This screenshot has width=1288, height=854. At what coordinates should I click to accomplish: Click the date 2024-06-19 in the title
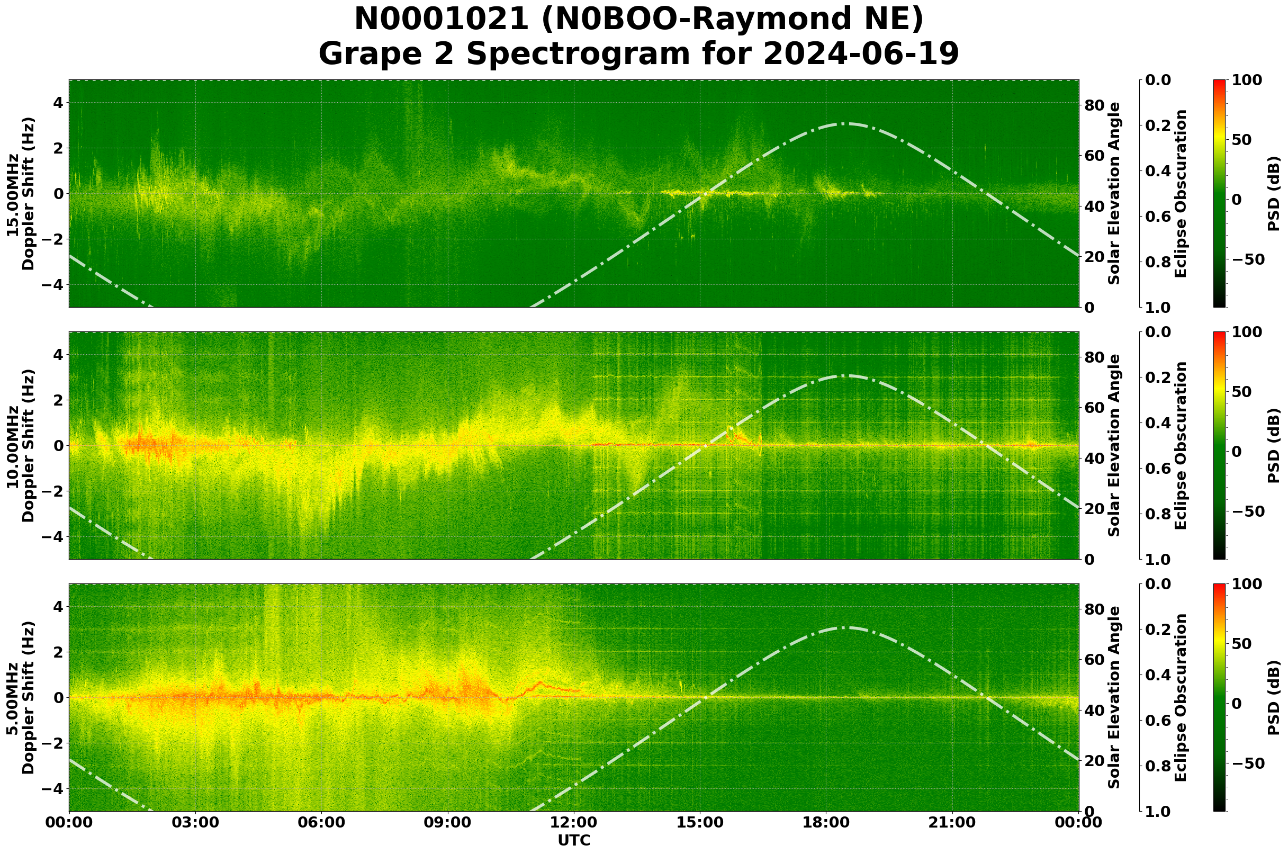coord(860,55)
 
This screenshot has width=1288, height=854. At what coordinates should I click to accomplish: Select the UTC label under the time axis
coord(573,840)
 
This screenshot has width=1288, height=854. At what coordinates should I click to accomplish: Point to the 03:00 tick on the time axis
coord(195,822)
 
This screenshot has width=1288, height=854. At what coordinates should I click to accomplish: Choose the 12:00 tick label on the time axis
coord(573,822)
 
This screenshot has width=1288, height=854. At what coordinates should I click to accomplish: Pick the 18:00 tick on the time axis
coord(826,822)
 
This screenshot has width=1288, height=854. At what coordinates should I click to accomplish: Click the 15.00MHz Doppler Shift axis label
coord(21,194)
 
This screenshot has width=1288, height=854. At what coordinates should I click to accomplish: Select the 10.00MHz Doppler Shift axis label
coord(21,445)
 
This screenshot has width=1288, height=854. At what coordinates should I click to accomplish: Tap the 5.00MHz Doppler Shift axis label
coord(21,698)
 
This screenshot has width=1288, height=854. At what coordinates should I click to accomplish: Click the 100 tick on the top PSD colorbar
coord(1247,80)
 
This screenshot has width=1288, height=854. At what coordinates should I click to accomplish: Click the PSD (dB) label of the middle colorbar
coord(1274,445)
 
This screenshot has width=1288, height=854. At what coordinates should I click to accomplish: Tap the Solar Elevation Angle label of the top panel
coord(1114,194)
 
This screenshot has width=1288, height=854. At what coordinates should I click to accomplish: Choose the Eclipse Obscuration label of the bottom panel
coord(1180,698)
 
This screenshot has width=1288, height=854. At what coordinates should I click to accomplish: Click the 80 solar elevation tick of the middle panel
coord(1095,357)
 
